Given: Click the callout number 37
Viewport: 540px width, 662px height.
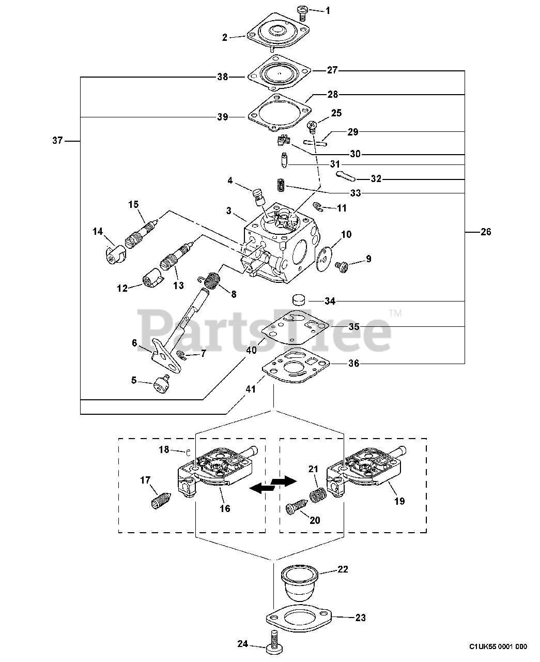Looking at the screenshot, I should coord(58,140).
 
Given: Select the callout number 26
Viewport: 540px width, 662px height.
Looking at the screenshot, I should coord(486,232).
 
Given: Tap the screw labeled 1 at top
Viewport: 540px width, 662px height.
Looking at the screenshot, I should coord(302,12).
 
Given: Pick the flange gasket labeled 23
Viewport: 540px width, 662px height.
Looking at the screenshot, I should coord(300,617).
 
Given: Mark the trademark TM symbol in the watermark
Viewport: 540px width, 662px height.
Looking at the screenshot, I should coord(395,313).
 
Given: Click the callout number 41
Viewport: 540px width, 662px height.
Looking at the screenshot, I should coord(250,389).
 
